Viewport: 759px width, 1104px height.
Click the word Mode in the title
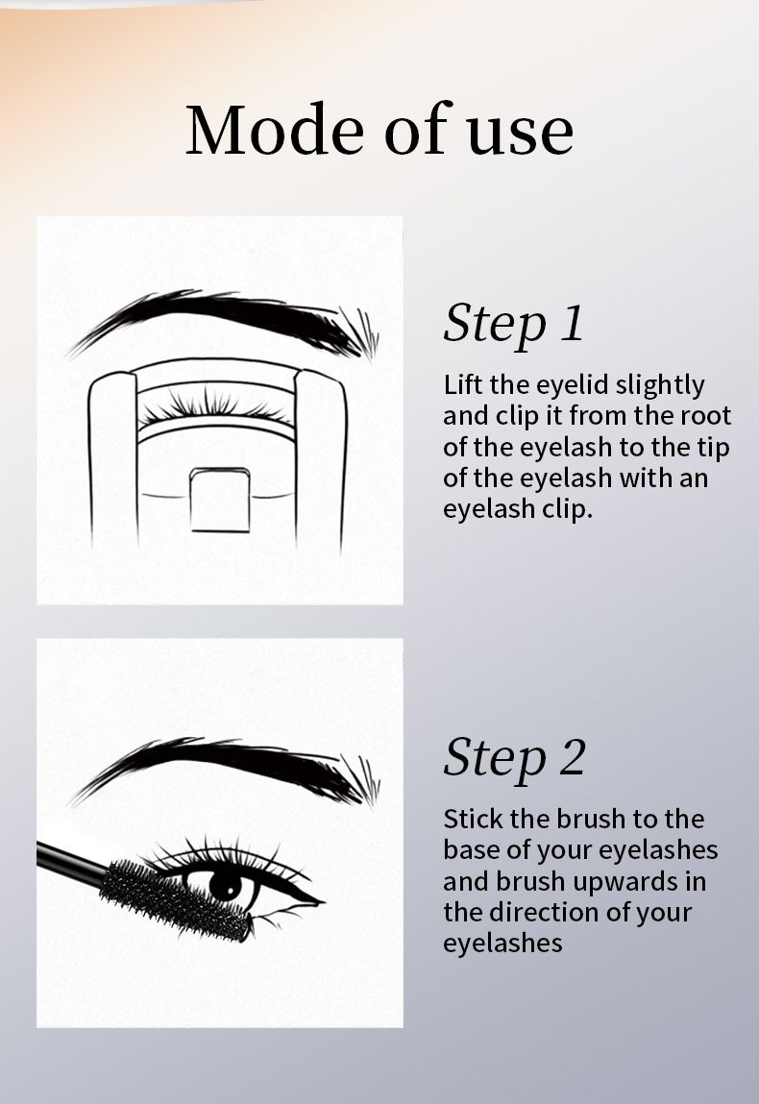(278, 130)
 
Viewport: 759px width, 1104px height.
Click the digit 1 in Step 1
(574, 324)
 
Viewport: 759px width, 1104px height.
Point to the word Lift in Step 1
(463, 384)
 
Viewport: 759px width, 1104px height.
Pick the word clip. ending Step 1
(566, 509)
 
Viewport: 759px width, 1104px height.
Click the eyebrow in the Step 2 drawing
(226, 769)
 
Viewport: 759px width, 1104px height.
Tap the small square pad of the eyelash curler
(220, 500)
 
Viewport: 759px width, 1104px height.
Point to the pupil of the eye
(225, 885)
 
